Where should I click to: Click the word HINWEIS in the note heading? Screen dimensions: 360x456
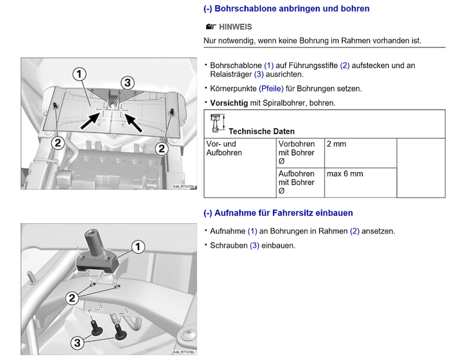(235, 27)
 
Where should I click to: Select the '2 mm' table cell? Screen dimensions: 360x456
(336, 144)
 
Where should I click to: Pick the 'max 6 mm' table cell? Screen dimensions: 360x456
(344, 173)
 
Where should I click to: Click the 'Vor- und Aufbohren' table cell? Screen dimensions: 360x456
(224, 148)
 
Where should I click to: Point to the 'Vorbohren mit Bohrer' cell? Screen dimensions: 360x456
(296, 152)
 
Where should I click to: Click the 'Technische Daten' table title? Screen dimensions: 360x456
(270, 131)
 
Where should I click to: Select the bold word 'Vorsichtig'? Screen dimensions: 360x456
(229, 103)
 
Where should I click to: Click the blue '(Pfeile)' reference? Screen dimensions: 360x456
(271, 89)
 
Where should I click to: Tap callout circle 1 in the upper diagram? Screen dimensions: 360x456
(79, 74)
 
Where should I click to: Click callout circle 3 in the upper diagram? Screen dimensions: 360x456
(128, 83)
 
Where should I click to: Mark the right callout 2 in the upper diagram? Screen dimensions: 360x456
(162, 148)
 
